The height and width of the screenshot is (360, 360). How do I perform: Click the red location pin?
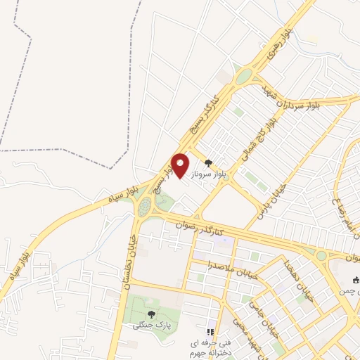(181, 165)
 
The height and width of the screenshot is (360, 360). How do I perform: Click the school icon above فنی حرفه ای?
(209, 330)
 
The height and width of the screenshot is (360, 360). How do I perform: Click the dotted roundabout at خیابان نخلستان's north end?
(145, 207)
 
